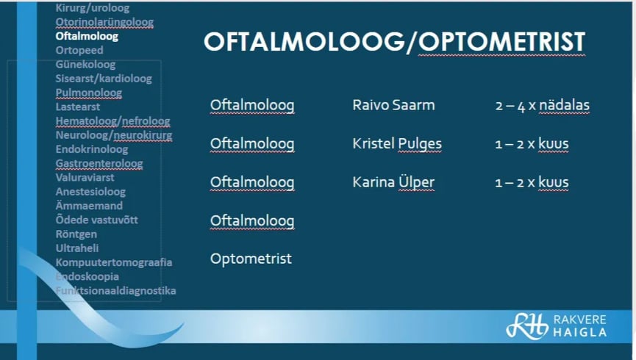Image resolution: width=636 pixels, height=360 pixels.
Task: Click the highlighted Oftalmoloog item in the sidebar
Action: [87, 36]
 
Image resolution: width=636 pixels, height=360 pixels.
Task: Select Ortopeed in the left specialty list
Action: [79, 50]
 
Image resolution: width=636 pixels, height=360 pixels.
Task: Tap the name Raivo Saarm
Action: [393, 105]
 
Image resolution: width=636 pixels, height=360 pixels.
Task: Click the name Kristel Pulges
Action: [397, 144]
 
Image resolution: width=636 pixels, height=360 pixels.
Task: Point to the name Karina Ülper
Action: [393, 182]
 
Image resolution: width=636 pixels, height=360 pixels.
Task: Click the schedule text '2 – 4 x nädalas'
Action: [543, 105]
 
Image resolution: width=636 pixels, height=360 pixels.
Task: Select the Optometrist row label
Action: [251, 259]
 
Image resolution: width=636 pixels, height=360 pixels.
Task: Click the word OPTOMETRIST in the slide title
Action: [501, 42]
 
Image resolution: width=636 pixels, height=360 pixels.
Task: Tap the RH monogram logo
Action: [527, 325]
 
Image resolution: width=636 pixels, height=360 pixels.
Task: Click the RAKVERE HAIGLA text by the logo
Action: [580, 326]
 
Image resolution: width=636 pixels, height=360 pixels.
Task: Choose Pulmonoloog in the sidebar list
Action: [89, 93]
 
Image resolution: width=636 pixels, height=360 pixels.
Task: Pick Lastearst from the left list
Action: [78, 107]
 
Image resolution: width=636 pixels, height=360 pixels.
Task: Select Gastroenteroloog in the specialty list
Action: [99, 163]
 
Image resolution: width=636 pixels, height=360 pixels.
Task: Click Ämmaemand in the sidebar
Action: [89, 206]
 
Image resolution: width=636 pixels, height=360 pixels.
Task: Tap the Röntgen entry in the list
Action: [76, 234]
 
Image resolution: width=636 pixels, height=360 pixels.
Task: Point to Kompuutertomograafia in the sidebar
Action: [114, 263]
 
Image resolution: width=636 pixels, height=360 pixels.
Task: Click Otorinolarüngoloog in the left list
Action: [104, 22]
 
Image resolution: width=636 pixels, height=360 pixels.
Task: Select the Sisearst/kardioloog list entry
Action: [104, 79]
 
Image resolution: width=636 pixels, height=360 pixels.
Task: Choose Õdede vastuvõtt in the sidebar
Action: [97, 220]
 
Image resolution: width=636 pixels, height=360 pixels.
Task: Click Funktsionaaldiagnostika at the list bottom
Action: [115, 291]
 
